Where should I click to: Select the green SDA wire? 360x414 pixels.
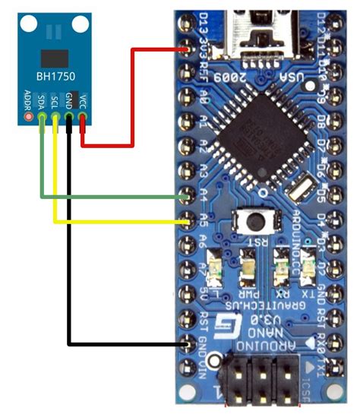coord(114,198)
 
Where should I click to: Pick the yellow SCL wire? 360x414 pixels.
coord(114,222)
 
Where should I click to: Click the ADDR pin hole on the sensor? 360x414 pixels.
coord(29,118)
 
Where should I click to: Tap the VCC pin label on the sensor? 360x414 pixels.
coord(83,100)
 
